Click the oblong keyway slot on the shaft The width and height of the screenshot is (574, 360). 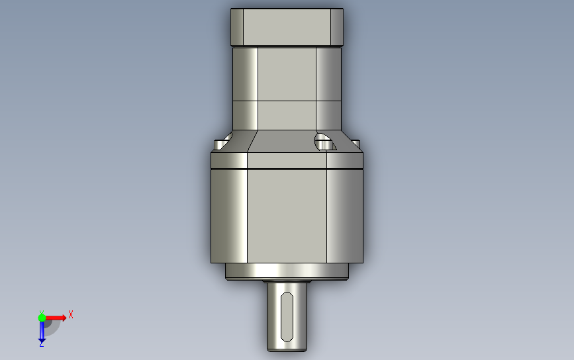287,317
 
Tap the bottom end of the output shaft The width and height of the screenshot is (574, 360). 287,351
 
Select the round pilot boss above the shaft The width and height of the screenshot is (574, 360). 287,271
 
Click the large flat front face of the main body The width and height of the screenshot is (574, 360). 287,216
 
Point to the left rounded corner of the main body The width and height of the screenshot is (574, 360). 229,216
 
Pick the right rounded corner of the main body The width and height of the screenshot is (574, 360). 345,216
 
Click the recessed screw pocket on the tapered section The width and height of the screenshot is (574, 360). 324,142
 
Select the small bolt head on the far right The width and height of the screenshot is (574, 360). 356,144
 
